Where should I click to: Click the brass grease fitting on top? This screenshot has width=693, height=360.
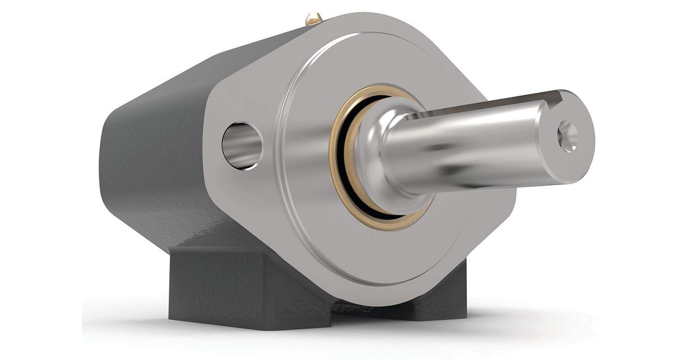314,19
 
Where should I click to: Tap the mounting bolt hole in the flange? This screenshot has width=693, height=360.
242,145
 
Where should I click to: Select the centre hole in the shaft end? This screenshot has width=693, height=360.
568,136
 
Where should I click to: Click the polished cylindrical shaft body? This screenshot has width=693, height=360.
463,148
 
